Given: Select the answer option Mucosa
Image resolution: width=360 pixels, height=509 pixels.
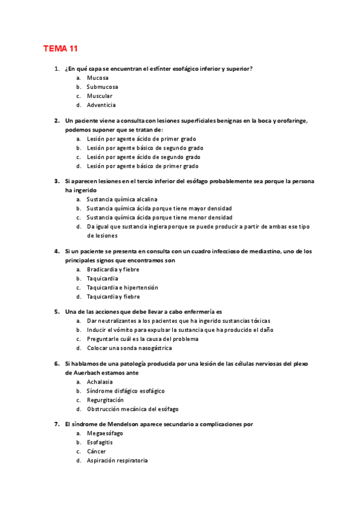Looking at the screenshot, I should [x=97, y=78].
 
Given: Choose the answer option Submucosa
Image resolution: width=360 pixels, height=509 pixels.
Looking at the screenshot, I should [x=102, y=87].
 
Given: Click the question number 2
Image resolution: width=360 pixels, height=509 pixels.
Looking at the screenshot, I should [x=56, y=121].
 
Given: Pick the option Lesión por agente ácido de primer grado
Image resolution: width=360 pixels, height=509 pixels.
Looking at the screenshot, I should [x=141, y=139].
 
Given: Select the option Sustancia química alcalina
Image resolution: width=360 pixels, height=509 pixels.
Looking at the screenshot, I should [x=122, y=199].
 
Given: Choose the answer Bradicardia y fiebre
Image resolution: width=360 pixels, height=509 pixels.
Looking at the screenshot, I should [x=114, y=270].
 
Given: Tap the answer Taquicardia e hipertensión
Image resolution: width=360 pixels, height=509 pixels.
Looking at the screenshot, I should [x=122, y=288].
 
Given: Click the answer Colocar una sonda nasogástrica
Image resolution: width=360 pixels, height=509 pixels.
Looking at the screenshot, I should [x=129, y=348].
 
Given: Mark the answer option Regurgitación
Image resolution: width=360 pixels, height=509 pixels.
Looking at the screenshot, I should [x=105, y=400].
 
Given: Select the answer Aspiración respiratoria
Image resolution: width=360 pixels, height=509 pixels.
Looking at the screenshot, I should [x=117, y=460].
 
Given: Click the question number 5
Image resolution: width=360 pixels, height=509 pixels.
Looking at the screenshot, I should [x=56, y=312].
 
